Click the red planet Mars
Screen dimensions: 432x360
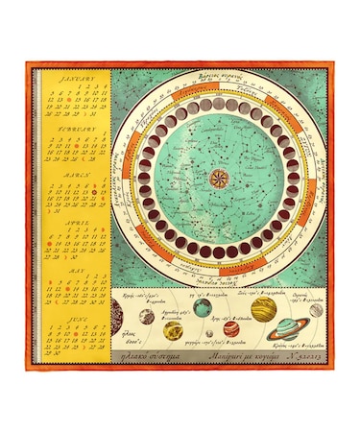[x=229, y=328]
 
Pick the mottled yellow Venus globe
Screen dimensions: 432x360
[x=173, y=330]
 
